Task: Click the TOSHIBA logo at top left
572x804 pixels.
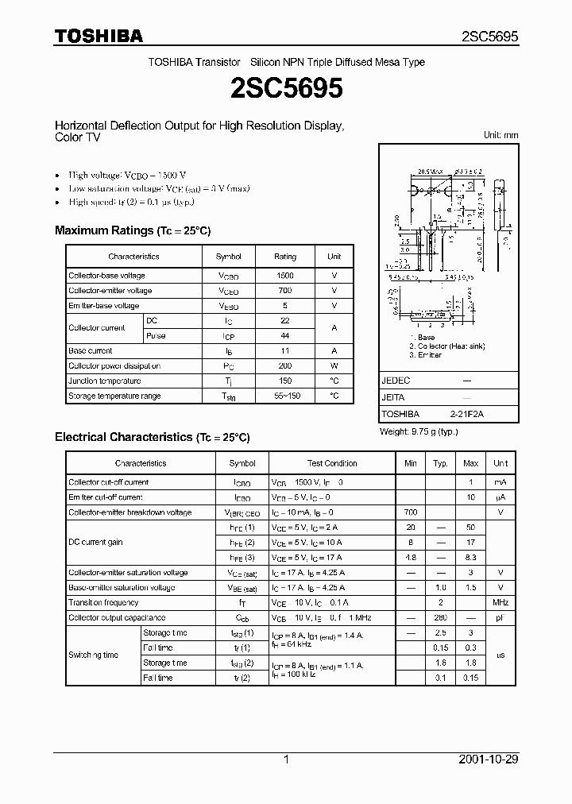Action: point(99,37)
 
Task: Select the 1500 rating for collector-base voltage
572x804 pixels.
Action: point(284,276)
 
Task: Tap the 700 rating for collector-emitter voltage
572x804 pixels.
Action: point(284,291)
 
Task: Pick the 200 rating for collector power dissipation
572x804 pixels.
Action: point(284,366)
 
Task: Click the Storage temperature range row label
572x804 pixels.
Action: point(114,396)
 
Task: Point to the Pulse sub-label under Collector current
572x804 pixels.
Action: point(157,336)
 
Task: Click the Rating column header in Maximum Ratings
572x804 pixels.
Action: point(284,257)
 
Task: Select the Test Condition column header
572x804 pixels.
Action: point(332,463)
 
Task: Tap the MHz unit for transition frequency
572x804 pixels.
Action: point(500,603)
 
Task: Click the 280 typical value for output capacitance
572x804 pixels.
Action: point(440,618)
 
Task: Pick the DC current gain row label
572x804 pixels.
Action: point(95,543)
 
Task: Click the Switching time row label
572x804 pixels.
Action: point(93,655)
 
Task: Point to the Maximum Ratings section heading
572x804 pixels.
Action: point(132,230)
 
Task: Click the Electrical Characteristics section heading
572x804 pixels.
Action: point(152,437)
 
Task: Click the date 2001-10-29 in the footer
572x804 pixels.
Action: point(489,760)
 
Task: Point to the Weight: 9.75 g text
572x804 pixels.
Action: point(418,432)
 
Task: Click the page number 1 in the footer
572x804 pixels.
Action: point(286,760)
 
